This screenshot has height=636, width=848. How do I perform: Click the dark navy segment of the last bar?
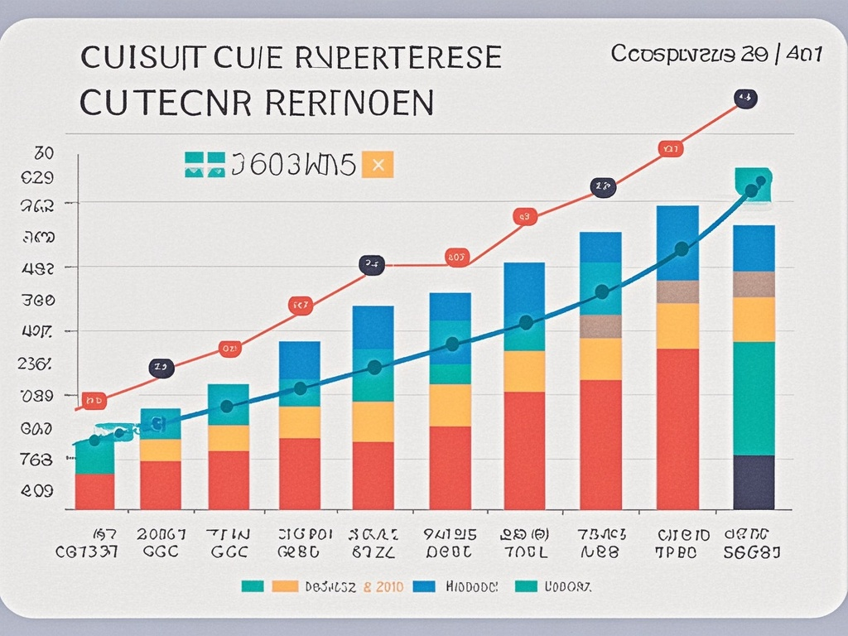[754, 482]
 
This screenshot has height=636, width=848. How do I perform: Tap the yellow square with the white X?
[378, 164]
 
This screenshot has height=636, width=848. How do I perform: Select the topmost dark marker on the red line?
[746, 99]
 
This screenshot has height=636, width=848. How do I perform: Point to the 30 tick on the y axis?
[44, 153]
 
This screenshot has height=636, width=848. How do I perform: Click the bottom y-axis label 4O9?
[37, 490]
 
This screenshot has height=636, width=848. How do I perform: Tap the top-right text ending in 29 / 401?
[716, 55]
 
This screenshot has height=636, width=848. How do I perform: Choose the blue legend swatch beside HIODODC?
[423, 586]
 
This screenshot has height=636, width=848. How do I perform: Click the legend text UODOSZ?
[568, 586]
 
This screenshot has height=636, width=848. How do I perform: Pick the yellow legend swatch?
[284, 586]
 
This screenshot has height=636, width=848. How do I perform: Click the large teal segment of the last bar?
[754, 398]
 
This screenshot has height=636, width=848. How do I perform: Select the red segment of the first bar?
[94, 491]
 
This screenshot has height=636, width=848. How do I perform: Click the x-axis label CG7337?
[87, 552]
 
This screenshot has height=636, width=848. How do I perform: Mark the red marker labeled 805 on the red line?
[457, 257]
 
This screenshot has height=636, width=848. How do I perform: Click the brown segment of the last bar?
[754, 284]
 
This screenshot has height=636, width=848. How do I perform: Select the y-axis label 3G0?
[37, 299]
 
